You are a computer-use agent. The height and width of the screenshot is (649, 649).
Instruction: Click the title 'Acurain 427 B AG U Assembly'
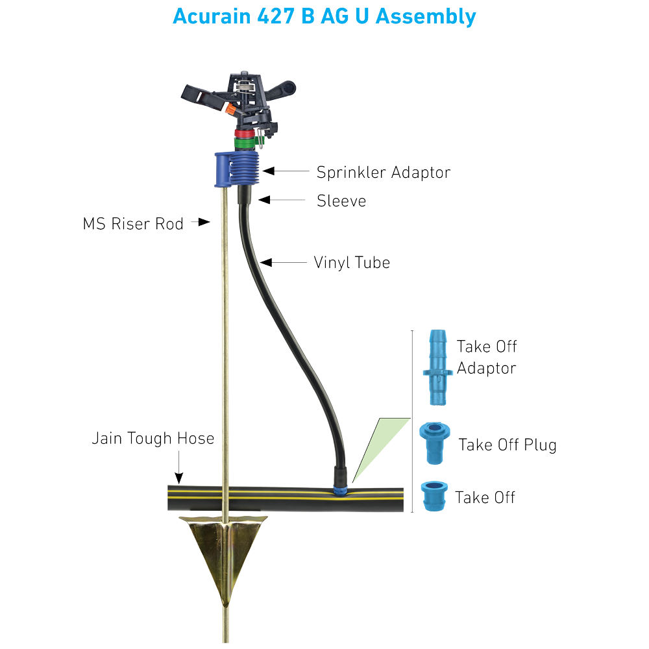click(324, 16)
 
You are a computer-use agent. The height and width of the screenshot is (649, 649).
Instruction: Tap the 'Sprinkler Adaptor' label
click(383, 172)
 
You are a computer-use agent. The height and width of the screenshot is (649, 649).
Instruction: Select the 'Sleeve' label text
click(341, 201)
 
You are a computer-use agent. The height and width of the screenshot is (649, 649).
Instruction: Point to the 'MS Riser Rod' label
click(133, 224)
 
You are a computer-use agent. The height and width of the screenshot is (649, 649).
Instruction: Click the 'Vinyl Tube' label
click(352, 263)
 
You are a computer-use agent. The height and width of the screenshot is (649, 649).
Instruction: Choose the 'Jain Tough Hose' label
click(153, 439)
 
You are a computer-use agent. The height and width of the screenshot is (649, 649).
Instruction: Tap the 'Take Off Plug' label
click(507, 445)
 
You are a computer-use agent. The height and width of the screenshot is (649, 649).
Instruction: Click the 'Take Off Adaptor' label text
click(486, 357)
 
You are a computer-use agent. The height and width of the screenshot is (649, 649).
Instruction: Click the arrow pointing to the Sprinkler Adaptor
click(286, 171)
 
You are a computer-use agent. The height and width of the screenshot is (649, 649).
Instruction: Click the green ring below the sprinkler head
click(246, 141)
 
